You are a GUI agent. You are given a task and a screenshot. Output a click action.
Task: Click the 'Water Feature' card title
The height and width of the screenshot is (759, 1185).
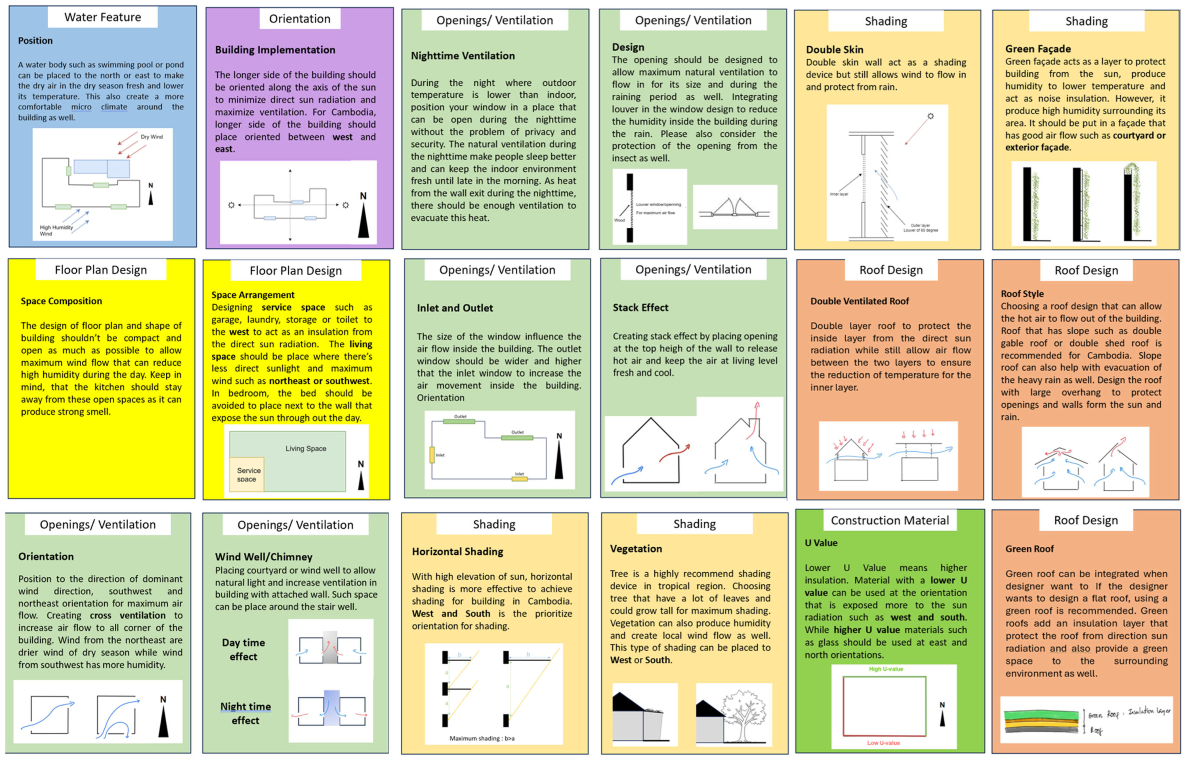[x=102, y=17]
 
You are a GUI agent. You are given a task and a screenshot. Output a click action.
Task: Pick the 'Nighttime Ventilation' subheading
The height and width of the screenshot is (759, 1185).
[x=463, y=56]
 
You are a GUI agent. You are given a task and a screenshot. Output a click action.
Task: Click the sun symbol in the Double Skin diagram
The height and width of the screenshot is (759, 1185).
[x=930, y=116]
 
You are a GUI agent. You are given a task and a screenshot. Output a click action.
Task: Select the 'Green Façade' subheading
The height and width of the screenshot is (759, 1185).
[x=1038, y=49]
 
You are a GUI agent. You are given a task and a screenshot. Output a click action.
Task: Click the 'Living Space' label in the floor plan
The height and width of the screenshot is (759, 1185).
[x=306, y=448]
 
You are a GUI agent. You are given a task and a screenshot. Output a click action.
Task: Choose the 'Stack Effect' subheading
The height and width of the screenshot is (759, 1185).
[x=640, y=307]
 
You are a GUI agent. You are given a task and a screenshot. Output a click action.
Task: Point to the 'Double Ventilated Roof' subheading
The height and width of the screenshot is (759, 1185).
[x=859, y=301]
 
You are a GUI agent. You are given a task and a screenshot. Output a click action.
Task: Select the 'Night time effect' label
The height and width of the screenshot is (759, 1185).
[x=245, y=713]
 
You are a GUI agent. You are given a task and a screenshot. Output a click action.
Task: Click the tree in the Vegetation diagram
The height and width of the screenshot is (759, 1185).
[x=744, y=713]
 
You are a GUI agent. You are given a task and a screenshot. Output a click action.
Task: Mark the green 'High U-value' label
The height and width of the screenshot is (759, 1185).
[x=885, y=669]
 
